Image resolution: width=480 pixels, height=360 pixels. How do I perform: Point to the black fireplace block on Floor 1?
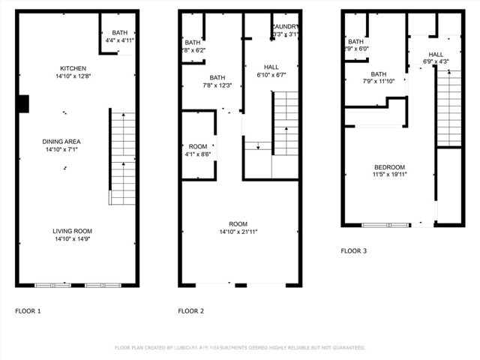[23, 103]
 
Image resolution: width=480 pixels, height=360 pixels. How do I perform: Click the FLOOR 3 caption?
[354, 251]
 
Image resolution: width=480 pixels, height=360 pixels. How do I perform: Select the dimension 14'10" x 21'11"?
[238, 232]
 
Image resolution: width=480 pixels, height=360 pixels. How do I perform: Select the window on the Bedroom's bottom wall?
[386, 224]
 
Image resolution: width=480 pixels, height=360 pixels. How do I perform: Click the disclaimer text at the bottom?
[240, 348]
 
